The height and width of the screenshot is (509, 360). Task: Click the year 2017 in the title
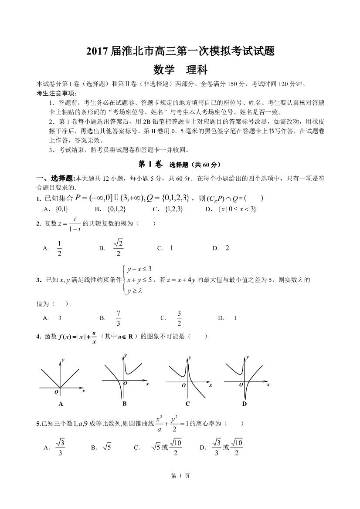click(x=95, y=51)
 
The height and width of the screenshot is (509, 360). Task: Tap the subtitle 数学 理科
click(x=180, y=69)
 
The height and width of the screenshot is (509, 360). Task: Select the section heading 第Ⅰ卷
click(x=150, y=165)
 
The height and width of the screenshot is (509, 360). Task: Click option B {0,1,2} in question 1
click(x=116, y=209)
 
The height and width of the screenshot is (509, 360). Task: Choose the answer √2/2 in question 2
click(x=118, y=248)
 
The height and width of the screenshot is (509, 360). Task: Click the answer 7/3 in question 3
click(x=118, y=318)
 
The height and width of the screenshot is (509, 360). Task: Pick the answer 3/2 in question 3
click(x=179, y=318)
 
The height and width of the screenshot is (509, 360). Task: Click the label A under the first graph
click(x=61, y=404)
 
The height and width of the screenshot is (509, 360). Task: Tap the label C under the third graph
click(x=187, y=404)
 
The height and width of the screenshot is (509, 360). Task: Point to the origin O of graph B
click(x=125, y=383)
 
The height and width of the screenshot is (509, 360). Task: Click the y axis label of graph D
click(x=248, y=357)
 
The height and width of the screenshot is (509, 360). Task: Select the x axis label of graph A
click(x=83, y=391)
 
